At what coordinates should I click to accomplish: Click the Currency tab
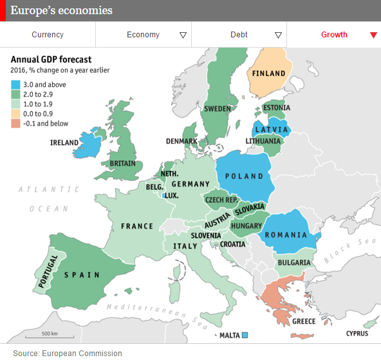coord(48,35)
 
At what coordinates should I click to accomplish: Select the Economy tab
coord(143,35)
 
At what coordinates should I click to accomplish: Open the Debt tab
coord(239,35)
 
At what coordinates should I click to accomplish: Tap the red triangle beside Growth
coord(373,35)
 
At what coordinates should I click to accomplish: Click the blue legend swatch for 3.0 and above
coord(15,84)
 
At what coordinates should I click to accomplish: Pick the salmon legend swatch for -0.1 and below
coord(15,124)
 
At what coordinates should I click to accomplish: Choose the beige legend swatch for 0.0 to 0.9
coord(15,114)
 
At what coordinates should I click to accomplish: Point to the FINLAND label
coord(268,73)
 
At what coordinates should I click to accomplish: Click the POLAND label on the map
coord(244,176)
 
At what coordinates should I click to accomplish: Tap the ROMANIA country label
coord(287,236)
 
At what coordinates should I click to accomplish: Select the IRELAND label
coord(64,143)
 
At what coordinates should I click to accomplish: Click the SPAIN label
coord(81,275)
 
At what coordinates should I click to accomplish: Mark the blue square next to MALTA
coord(245,335)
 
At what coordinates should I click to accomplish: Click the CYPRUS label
coord(357,334)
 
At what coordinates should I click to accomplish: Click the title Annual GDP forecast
coord(50,59)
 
